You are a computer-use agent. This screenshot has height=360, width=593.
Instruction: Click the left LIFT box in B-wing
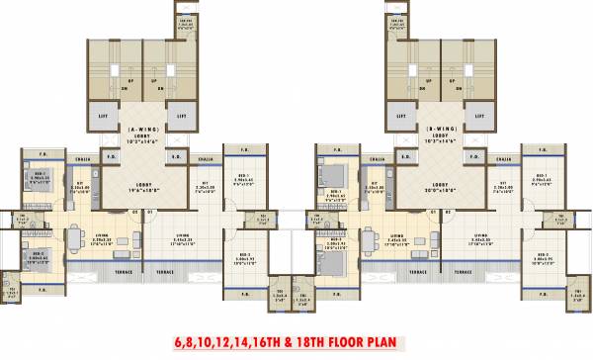(x=403, y=116)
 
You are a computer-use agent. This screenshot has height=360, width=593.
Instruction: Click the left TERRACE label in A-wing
(x=125, y=271)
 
